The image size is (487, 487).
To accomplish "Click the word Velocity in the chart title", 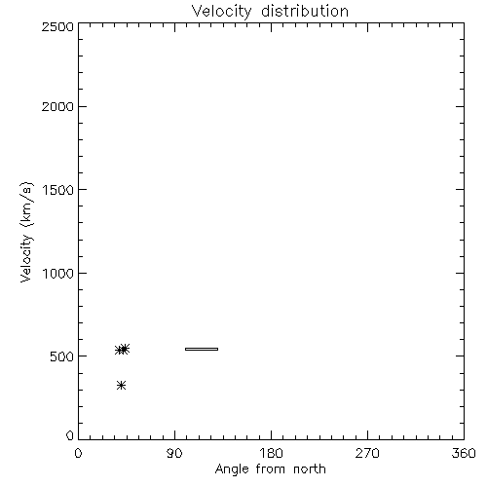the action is pyautogui.click(x=221, y=12).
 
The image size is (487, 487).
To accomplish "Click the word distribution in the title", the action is pyautogui.click(x=305, y=11).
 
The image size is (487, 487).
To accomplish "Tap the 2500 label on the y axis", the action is pyautogui.click(x=57, y=26).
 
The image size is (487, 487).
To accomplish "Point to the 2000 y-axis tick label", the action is pyautogui.click(x=57, y=106).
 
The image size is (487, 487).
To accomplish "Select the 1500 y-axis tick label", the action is pyautogui.click(x=58, y=190).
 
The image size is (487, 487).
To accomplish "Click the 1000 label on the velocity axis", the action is pyautogui.click(x=58, y=274).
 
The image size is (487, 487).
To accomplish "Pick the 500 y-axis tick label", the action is pyautogui.click(x=61, y=356).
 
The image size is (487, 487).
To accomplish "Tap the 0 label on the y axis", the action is pyautogui.click(x=70, y=435).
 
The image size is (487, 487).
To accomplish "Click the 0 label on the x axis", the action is pyautogui.click(x=78, y=453).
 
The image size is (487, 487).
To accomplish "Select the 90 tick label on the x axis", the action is pyautogui.click(x=174, y=453).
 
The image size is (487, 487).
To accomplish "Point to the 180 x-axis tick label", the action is pyautogui.click(x=271, y=453).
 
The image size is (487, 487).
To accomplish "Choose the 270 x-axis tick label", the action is pyautogui.click(x=367, y=453).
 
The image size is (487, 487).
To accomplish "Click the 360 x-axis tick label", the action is pyautogui.click(x=464, y=453).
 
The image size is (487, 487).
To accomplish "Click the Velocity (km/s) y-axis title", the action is pyautogui.click(x=26, y=232).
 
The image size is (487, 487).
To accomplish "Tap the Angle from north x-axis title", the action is pyautogui.click(x=271, y=469).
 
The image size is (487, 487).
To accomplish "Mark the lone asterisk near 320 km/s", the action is pyautogui.click(x=121, y=386).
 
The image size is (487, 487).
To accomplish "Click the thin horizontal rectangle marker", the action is pyautogui.click(x=202, y=349).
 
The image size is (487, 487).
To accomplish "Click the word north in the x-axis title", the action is pyautogui.click(x=310, y=468).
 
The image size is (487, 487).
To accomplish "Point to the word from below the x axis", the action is pyautogui.click(x=270, y=468).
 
